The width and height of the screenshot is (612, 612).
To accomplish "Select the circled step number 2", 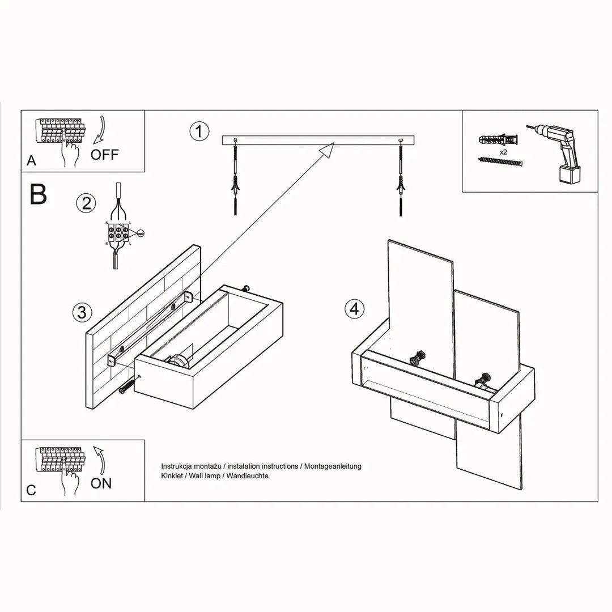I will [86, 203].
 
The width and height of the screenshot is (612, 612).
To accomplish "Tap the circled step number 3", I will [82, 312].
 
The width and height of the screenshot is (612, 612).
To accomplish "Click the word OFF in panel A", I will [105, 155].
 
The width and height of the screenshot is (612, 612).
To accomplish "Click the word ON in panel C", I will [101, 483].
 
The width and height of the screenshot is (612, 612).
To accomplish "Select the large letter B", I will [38, 194].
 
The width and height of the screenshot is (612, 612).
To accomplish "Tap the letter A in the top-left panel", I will [31, 161].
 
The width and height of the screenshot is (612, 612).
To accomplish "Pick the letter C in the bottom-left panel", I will [31, 490].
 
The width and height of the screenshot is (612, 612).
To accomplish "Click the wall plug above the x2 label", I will [499, 139].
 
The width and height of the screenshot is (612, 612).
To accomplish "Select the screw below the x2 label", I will [500, 163].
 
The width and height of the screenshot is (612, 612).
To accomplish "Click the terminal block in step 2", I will [117, 232].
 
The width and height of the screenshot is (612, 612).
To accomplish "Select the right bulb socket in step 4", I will [485, 378].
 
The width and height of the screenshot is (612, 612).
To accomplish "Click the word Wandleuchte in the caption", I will [247, 476].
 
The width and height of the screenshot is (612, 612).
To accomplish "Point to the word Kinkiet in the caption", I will [173, 476].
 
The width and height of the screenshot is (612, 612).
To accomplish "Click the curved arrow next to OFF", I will [100, 130].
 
